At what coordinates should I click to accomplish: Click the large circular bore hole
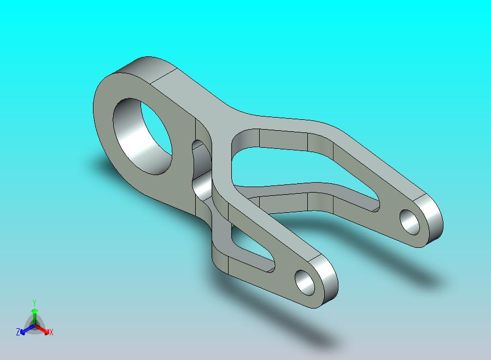coord(143,136)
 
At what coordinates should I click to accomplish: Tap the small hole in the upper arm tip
coord(410,222)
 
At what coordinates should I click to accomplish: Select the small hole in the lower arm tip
coord(305,282)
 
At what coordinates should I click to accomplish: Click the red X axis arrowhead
coord(47,332)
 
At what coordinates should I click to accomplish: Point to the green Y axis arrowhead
coord(34,311)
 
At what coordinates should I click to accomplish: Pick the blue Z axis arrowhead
coord(22,332)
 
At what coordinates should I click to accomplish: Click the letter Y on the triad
coord(34,303)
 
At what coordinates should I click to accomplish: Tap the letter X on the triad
coord(51,332)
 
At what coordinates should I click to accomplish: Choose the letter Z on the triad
coord(18,332)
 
